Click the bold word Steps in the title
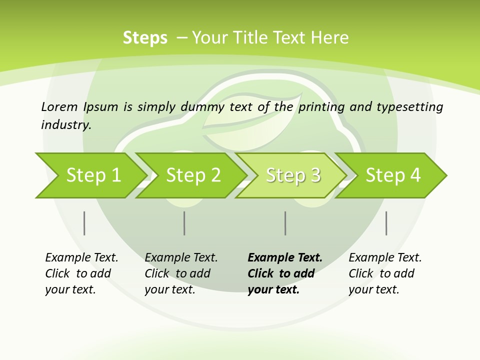pyautogui.click(x=145, y=38)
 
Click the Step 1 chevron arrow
pyautogui.click(x=90, y=175)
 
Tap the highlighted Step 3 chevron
pyautogui.click(x=292, y=175)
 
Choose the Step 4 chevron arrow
pyautogui.click(x=392, y=175)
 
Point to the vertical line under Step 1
pyautogui.click(x=84, y=223)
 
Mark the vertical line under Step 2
pyautogui.click(x=184, y=223)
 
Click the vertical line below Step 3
pyautogui.click(x=285, y=223)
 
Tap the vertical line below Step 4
pyautogui.click(x=386, y=223)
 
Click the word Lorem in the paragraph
pyautogui.click(x=59, y=106)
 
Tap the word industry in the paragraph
pyautogui.click(x=66, y=125)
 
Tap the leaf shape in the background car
pyautogui.click(x=250, y=120)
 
